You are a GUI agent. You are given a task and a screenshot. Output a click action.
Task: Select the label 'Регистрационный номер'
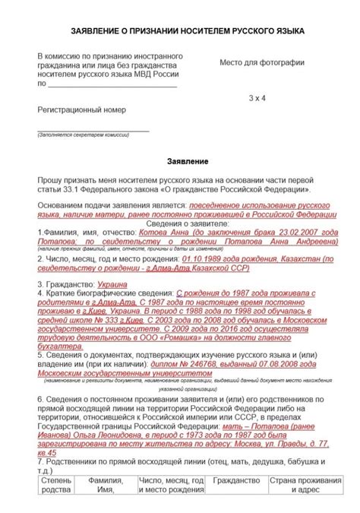coord(82,109)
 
